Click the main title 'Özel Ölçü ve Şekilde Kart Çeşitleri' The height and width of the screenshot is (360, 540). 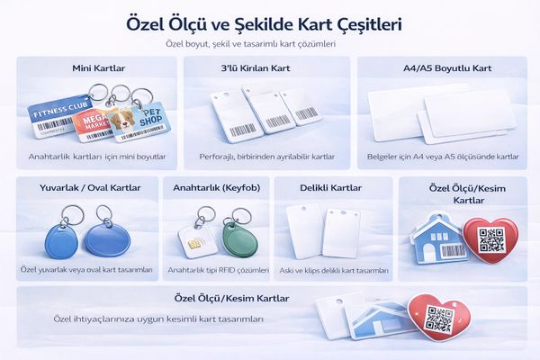pos(264,25)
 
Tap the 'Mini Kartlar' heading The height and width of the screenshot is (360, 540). pos(98,68)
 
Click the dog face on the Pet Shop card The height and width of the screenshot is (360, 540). pos(124,119)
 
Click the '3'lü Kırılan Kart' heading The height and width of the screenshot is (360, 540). pos(256,68)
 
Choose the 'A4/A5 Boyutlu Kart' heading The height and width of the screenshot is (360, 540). pos(447,68)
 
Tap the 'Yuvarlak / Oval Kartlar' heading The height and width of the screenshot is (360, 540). pos(90,188)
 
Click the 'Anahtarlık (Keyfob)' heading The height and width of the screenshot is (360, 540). pos(217,188)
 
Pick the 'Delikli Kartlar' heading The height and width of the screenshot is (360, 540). pos(331,188)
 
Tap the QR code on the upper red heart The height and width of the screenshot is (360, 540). pos(491,239)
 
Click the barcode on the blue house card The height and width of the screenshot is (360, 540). pos(454,251)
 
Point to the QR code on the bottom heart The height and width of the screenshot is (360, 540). pos(439,319)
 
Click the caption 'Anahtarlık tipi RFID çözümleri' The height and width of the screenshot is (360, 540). pos(219,270)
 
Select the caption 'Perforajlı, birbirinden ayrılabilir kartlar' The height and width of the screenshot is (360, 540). pos(267,157)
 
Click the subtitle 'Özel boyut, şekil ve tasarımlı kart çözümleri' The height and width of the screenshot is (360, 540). pos(251,44)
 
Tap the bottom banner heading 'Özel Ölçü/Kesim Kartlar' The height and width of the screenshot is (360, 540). pos(232,298)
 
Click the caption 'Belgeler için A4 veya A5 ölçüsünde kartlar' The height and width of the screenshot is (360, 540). pos(443,157)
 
